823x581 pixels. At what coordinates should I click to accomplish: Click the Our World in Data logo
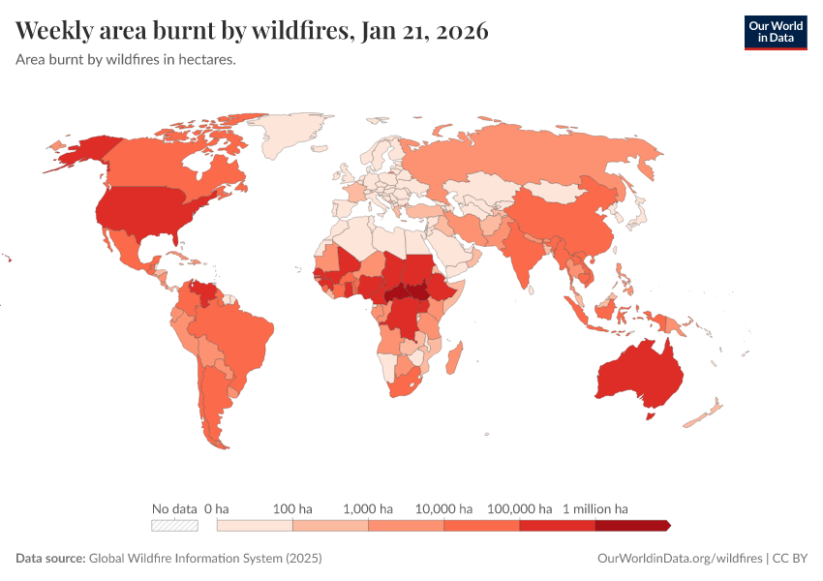point(775,32)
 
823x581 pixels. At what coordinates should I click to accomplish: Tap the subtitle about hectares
point(126,59)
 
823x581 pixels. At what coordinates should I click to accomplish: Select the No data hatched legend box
point(174,525)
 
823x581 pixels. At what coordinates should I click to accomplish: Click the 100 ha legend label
point(292,508)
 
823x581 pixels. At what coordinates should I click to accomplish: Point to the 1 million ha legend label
point(595,508)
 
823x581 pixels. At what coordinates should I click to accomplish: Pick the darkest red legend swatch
point(630,525)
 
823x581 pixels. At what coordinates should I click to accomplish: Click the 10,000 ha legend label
point(444,508)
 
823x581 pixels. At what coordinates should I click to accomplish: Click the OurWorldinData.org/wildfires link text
point(678,559)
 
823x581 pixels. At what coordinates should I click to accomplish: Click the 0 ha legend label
point(217,508)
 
